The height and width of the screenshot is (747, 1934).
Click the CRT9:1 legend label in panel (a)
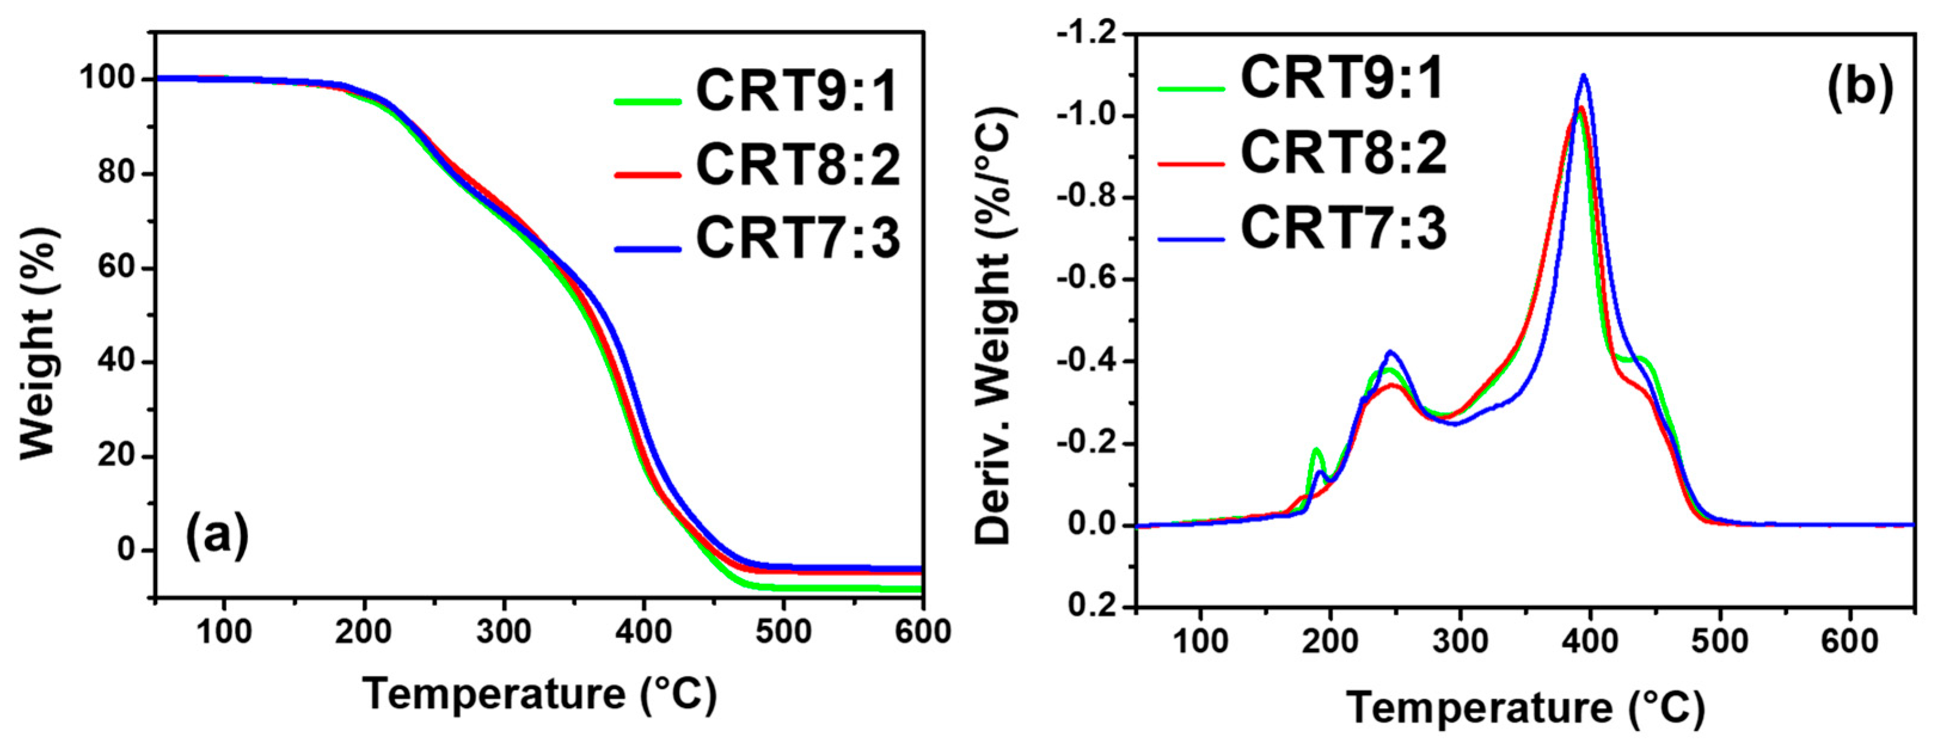coord(797,91)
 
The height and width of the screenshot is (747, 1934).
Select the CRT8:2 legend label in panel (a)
coord(797,165)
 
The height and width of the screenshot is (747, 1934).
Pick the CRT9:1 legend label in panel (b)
coord(1341,78)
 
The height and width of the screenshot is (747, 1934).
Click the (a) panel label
coord(217,536)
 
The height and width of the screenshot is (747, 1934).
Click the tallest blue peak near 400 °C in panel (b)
coord(1584,75)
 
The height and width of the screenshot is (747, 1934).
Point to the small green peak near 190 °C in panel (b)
coord(1316,450)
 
